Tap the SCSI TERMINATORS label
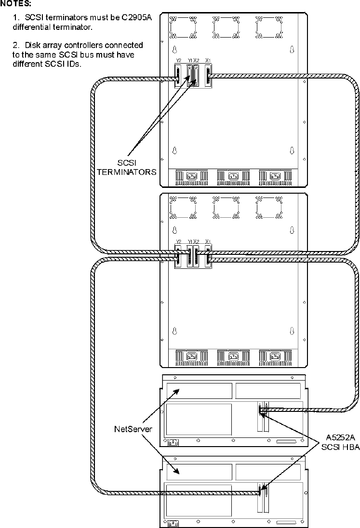click(x=133, y=167)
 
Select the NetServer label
click(x=133, y=428)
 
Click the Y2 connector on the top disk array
click(x=178, y=77)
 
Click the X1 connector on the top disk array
click(x=208, y=77)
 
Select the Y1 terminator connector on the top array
click(x=189, y=77)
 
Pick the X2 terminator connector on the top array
click(x=196, y=77)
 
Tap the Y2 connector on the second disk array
click(x=178, y=258)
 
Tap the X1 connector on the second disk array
click(x=208, y=258)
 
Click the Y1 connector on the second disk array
click(x=189, y=258)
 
